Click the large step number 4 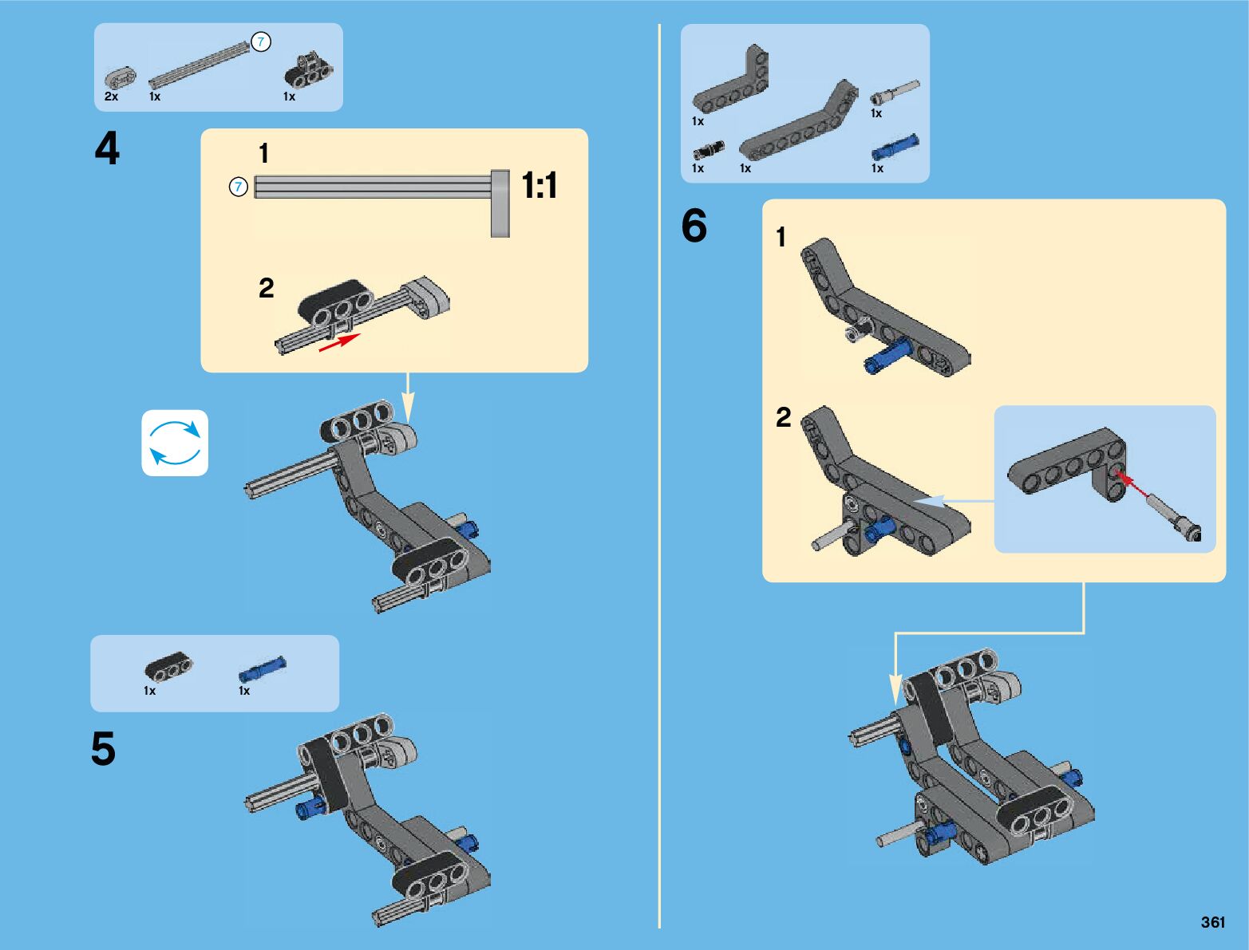tap(107, 149)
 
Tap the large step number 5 tap(103, 749)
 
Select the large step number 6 tap(694, 226)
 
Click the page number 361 tap(1212, 922)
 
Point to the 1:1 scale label tap(540, 186)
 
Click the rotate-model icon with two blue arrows tap(175, 443)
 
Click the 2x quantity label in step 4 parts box tap(111, 97)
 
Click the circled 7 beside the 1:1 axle tap(239, 187)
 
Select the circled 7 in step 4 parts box tap(261, 42)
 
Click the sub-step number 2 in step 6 tap(784, 417)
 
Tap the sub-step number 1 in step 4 tap(264, 153)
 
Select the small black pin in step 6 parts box tap(708, 149)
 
